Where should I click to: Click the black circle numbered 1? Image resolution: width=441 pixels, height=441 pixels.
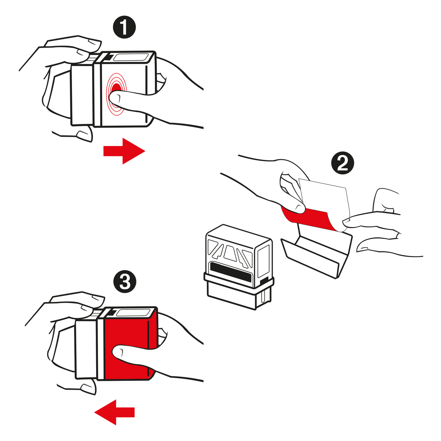[x=124, y=27]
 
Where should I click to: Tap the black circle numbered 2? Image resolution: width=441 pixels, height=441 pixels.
[x=342, y=163]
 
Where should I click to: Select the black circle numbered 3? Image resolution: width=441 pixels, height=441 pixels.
[x=125, y=281]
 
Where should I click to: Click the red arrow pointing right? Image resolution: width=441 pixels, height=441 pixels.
[x=124, y=151]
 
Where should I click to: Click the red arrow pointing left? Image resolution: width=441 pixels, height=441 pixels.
[x=114, y=419]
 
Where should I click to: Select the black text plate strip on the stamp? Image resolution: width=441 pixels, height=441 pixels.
[x=231, y=272]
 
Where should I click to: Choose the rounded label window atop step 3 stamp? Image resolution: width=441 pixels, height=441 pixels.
[x=133, y=313]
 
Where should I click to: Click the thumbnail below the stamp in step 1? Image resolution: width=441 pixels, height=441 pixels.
[x=84, y=136]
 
